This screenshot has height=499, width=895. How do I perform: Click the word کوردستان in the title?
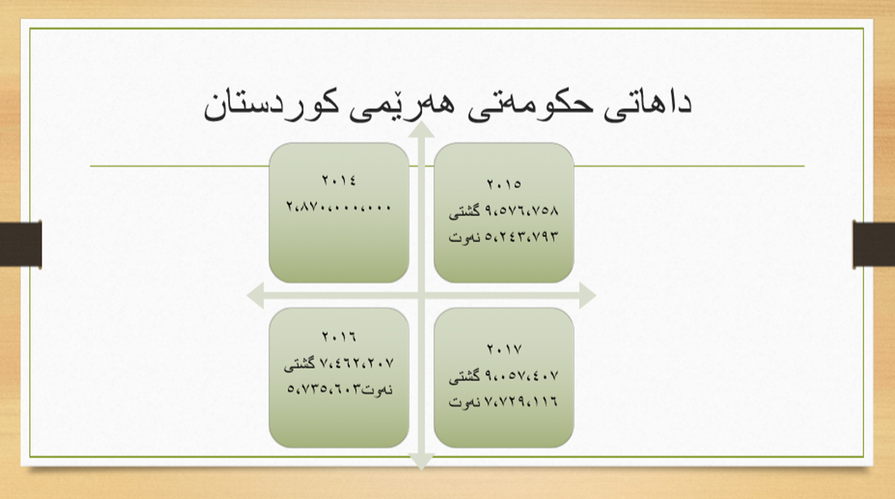271,108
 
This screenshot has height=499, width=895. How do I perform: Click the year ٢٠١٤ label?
339,180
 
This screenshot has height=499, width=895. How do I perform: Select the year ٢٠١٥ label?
504,184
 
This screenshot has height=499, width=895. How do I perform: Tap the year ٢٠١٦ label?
339,336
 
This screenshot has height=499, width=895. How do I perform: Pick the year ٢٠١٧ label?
504,349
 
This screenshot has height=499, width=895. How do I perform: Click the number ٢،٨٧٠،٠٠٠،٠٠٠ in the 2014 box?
339,207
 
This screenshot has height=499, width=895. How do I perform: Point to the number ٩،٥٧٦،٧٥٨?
522,210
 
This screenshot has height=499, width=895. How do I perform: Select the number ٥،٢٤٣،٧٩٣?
522,236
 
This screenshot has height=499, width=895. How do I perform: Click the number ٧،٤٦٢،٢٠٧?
357,363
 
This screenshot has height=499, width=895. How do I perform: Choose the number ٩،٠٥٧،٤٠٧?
522,376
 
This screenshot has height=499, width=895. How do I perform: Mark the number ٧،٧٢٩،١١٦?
522,401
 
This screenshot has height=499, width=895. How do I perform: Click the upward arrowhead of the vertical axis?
421,130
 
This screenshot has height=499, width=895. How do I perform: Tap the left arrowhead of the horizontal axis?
255,296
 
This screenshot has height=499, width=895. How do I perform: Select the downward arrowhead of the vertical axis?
421,461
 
